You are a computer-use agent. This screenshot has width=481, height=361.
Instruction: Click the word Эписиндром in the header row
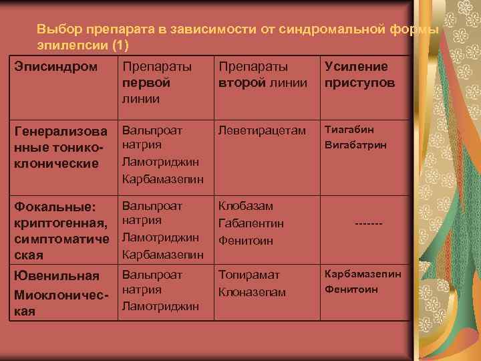[x=56, y=67]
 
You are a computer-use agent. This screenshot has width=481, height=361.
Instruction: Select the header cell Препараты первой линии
[x=156, y=82]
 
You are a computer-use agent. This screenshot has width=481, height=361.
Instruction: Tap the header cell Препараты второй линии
[x=262, y=74]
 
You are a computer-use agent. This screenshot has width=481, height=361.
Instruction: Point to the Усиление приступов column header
[x=359, y=74]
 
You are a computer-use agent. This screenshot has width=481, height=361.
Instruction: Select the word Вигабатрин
[x=355, y=145]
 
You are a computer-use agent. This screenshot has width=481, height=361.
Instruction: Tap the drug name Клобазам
[x=245, y=207]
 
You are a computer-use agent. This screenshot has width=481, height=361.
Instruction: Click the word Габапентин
[x=251, y=223]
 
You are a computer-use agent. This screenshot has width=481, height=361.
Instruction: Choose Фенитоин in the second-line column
[x=245, y=240]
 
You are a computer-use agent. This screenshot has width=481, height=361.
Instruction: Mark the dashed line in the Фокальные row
[x=364, y=223]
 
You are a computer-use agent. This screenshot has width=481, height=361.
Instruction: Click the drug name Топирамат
[x=249, y=275]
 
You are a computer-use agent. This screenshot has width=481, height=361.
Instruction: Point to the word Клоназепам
[x=252, y=292]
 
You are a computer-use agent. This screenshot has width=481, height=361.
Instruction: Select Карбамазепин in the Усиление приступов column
[x=363, y=273]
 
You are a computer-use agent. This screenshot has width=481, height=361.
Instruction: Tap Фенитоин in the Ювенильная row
[x=351, y=289]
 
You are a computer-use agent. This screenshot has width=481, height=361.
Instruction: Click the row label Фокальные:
[x=55, y=207]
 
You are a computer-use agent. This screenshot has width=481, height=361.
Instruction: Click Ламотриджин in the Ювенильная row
[x=160, y=306]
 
